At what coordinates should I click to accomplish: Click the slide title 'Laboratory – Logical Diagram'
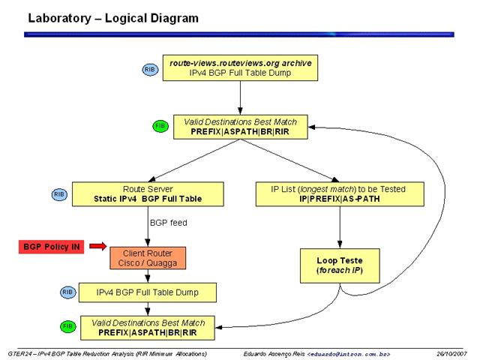coord(113,18)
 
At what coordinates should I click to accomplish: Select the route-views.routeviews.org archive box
coord(240,68)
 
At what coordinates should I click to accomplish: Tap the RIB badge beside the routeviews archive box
coord(150,70)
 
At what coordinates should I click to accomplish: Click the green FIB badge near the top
coord(160,126)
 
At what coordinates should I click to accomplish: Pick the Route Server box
coord(148,194)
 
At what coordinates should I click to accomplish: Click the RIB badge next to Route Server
coord(59,195)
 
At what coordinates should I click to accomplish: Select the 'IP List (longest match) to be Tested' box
coord(340,194)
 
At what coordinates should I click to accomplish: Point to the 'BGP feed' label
coord(168,223)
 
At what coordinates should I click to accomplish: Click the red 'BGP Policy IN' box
coord(52,247)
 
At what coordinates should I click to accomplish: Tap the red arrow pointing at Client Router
coord(98,246)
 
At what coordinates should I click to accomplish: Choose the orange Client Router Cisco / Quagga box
coord(148,258)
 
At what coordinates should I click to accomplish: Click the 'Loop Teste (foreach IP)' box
coord(340,265)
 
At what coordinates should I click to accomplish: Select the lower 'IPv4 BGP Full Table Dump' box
coord(148,292)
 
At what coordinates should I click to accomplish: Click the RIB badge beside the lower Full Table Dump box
coord(67,292)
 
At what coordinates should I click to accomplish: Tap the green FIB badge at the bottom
coord(67,327)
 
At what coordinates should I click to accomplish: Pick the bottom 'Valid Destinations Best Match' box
coord(148,328)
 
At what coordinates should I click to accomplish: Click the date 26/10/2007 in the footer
coord(451,354)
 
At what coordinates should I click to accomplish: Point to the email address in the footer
coord(349,355)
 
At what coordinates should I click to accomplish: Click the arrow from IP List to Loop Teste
coord(340,227)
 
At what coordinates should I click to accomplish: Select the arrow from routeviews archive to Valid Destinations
coord(240,98)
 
